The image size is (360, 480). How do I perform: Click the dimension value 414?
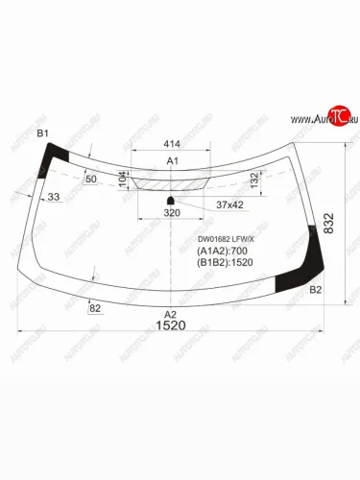click(x=173, y=140)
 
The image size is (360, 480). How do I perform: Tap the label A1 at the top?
click(x=173, y=160)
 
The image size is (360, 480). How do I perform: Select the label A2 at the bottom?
click(x=171, y=314)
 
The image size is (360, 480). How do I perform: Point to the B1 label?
click(x=42, y=133)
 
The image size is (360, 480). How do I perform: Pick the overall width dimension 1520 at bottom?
click(x=171, y=326)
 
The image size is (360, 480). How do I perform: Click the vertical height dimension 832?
click(x=330, y=223)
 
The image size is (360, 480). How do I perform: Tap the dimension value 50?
click(x=91, y=180)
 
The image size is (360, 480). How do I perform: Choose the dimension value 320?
click(x=172, y=213)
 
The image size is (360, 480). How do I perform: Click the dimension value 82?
click(x=95, y=307)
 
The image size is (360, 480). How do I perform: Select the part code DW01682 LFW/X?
click(x=226, y=241)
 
